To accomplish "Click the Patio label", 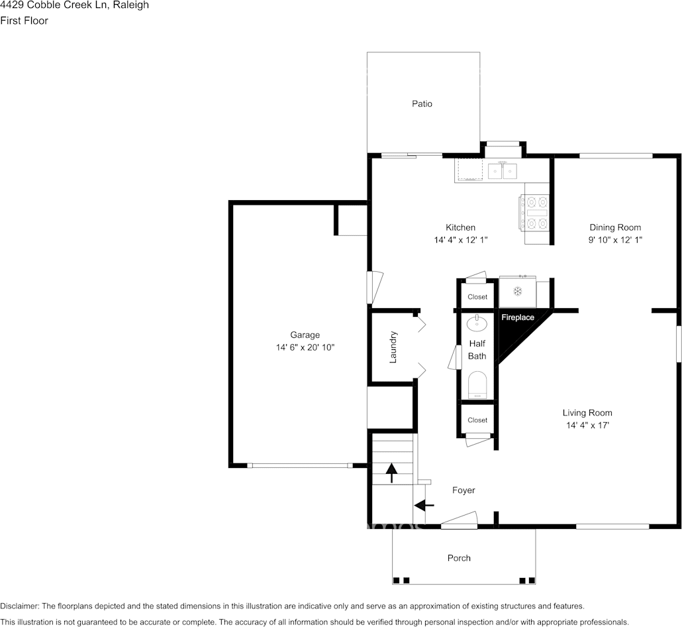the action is (x=422, y=103).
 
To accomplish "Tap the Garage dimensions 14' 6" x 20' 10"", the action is (x=305, y=347).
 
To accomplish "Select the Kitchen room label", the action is (x=460, y=227).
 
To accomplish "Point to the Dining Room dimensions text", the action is (x=615, y=240).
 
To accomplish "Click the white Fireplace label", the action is (x=518, y=317).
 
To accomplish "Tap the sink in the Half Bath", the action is (x=477, y=323).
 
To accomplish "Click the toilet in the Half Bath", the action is (x=477, y=385).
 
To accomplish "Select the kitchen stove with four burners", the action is (x=534, y=213).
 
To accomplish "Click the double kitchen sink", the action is (x=503, y=170).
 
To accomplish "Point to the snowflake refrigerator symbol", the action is (x=518, y=291).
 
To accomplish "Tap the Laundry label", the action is (x=393, y=347).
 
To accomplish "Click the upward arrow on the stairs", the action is (x=392, y=473).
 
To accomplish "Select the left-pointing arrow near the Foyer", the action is (x=424, y=506).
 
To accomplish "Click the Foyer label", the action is (x=463, y=490).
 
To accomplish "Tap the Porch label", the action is (x=459, y=558).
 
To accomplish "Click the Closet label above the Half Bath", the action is (x=477, y=297).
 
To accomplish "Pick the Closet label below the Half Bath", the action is (x=477, y=420).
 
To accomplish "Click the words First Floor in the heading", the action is (x=24, y=21).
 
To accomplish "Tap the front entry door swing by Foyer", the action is (x=460, y=520).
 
